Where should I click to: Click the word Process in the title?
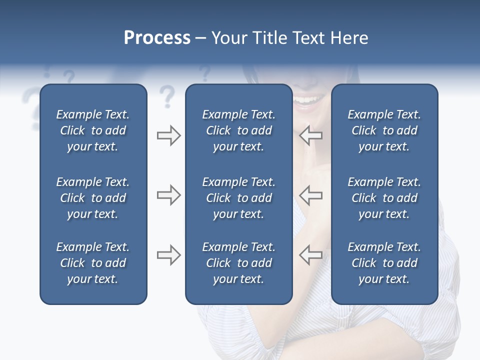tap(157, 38)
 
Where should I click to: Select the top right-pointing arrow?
tap(168, 135)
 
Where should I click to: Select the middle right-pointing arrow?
tap(168, 195)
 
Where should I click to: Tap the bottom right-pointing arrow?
tap(168, 255)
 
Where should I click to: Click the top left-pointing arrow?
tap(310, 135)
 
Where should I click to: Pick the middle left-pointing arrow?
tap(310, 195)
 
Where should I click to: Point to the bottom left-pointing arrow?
tap(310, 255)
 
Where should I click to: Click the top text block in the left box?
tap(93, 130)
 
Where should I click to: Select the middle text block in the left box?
tap(93, 198)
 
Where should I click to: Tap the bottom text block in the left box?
tap(93, 263)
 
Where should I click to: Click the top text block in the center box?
tap(238, 130)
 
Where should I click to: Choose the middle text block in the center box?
tap(238, 198)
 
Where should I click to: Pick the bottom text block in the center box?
tap(238, 263)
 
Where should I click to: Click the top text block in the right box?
tap(384, 130)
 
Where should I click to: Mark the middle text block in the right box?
tap(384, 198)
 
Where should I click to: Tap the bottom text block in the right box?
tap(384, 263)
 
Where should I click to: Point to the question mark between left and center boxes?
tap(167, 96)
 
